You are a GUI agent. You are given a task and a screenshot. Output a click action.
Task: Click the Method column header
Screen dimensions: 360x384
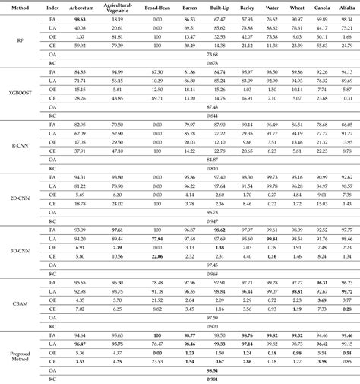(18, 7)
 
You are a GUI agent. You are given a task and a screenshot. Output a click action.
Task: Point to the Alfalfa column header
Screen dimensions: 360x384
(347, 7)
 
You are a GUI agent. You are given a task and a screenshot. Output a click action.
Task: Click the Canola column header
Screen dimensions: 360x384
(321, 7)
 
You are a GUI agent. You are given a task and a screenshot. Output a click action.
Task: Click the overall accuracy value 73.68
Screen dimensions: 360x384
(212, 55)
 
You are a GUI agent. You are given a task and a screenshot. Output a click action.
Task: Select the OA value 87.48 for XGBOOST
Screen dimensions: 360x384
(212, 107)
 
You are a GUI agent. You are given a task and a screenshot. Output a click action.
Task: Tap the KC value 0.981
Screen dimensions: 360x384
(212, 378)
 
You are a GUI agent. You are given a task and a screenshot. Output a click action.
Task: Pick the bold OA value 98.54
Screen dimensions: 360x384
(212, 370)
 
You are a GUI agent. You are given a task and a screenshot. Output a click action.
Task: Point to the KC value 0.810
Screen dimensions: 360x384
(212, 168)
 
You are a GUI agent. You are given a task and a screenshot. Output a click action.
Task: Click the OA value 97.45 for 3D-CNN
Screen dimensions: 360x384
(212, 265)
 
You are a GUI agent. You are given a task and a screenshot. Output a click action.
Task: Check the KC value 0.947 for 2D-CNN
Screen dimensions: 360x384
(212, 221)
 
